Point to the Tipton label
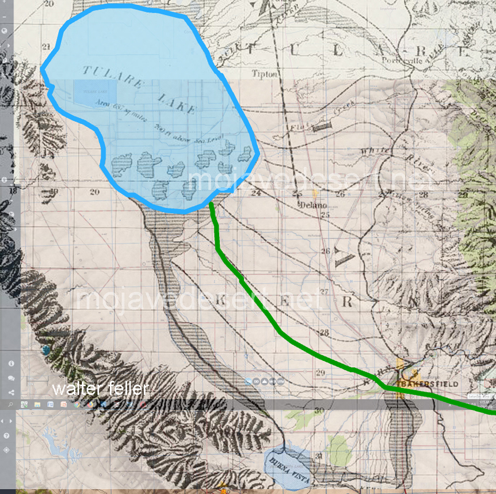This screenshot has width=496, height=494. point(265,74)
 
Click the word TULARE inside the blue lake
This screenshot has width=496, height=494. point(110,77)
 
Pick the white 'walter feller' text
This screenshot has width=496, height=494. point(101,389)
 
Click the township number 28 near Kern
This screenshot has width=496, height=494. point(324,333)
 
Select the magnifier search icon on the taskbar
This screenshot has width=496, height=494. point(11,405)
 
